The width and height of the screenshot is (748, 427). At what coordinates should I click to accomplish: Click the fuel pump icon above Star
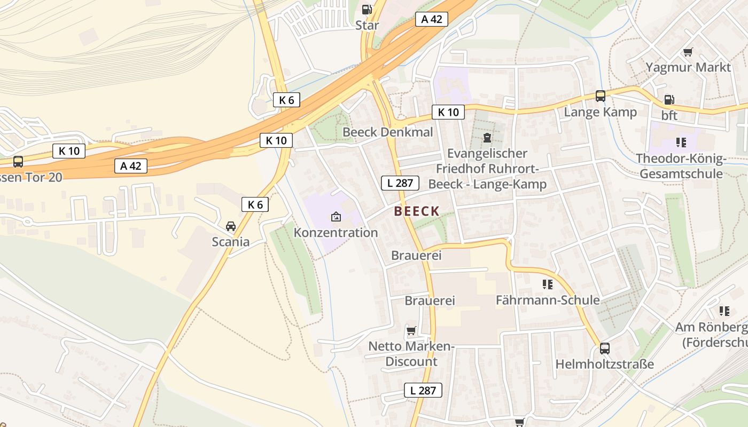click(367, 10)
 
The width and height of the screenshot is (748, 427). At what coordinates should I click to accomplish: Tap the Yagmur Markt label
click(688, 67)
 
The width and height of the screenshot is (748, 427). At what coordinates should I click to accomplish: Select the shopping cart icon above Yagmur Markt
click(688, 52)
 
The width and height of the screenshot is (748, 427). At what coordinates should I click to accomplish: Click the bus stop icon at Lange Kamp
click(601, 96)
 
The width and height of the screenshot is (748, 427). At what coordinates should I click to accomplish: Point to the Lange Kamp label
click(601, 112)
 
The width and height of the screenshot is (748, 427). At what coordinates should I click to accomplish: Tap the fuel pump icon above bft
click(669, 100)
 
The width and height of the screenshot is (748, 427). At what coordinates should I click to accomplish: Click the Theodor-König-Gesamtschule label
click(681, 166)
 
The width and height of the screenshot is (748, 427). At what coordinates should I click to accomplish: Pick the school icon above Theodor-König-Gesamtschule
click(681, 142)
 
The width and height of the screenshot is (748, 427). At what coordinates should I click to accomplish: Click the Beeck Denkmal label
click(388, 132)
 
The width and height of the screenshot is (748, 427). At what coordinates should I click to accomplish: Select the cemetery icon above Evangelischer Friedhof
click(487, 138)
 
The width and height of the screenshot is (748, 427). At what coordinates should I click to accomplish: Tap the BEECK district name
click(417, 211)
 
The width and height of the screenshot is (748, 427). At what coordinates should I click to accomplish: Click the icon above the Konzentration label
click(336, 217)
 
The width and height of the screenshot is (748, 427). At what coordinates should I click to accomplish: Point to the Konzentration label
click(336, 233)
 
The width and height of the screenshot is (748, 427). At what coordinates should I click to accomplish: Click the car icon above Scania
click(231, 226)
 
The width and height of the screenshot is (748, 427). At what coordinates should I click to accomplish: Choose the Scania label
click(231, 242)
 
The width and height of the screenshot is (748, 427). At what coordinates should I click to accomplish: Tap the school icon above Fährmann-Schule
click(547, 284)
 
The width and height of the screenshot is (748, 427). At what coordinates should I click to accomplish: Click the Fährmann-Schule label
click(548, 300)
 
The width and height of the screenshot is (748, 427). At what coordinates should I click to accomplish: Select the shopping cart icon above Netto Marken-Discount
click(411, 331)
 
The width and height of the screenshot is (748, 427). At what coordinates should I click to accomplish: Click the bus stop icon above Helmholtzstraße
click(604, 349)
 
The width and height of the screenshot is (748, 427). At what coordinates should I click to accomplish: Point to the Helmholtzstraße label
click(605, 365)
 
